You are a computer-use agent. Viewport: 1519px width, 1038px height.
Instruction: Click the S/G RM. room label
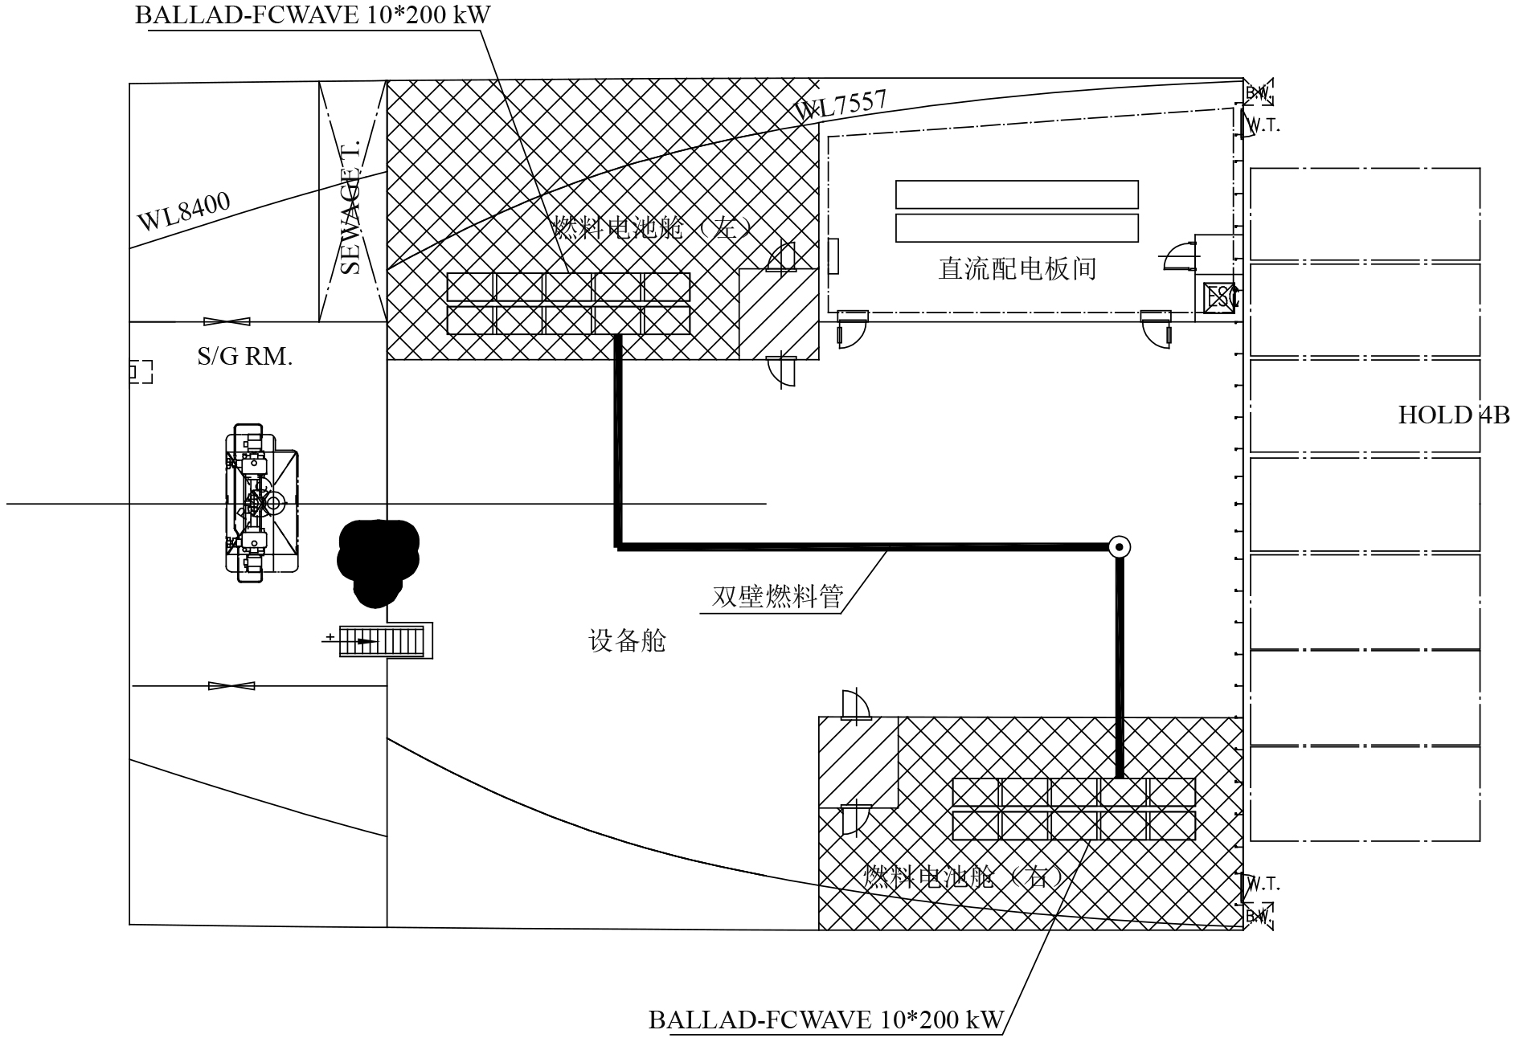[x=244, y=356]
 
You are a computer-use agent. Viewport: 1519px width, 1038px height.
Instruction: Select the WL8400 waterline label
[x=183, y=211]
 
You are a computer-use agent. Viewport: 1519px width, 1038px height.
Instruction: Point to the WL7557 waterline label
[x=841, y=105]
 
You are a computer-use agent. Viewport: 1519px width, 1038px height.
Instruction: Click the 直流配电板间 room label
[x=1017, y=268]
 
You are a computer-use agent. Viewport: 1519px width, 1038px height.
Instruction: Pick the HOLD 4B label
[x=1453, y=415]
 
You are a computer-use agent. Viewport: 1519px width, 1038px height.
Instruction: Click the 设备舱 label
[x=627, y=641]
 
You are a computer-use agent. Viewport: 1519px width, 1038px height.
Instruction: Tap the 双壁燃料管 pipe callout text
[x=777, y=597]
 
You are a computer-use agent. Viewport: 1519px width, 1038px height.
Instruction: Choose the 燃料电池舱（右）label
[x=964, y=876]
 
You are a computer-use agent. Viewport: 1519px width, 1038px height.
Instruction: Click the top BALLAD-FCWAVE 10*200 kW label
[x=312, y=15]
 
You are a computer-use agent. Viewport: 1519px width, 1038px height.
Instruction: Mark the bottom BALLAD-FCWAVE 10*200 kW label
[x=825, y=1020]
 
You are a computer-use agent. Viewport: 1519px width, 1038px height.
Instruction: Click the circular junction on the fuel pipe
[x=1119, y=547]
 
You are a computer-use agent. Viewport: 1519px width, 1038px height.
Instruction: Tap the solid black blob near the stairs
[x=376, y=559]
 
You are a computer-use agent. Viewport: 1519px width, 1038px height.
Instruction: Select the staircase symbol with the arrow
[x=382, y=640]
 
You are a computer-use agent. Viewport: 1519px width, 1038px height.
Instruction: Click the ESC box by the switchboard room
[x=1219, y=298]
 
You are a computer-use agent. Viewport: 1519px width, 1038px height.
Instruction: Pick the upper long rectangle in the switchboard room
[x=1017, y=194]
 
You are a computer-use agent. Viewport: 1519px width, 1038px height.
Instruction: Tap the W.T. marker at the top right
[x=1262, y=125]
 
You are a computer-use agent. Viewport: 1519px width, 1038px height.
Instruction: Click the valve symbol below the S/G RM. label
[x=231, y=686]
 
